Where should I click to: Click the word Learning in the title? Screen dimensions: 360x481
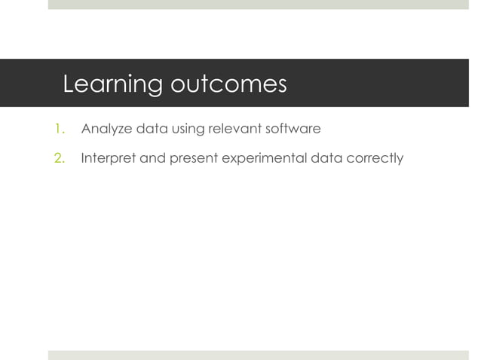click(x=112, y=84)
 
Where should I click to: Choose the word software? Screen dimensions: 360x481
click(x=294, y=129)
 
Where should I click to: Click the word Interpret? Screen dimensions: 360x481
click(x=108, y=159)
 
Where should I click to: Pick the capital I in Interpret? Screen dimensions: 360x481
click(x=83, y=158)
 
